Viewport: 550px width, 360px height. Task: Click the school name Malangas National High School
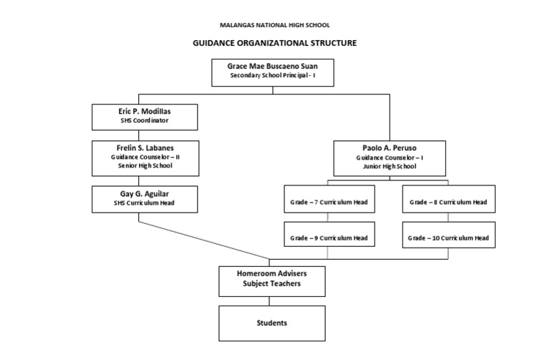point(274,25)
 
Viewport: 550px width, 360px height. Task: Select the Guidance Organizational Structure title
point(274,43)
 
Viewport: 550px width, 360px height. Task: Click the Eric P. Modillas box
point(145,116)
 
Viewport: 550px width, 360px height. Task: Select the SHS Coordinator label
point(145,121)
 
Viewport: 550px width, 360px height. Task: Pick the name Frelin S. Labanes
point(145,147)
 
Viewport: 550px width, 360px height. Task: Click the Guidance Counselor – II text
point(145,156)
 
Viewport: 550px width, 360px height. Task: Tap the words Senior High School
point(145,165)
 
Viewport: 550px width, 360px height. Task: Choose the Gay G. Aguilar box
point(145,198)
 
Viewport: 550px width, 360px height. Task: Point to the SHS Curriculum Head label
point(145,203)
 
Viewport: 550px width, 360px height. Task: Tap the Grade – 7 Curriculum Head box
point(328,203)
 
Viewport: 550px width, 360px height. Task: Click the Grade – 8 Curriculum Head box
point(448,203)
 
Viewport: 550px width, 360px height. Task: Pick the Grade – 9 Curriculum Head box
point(328,237)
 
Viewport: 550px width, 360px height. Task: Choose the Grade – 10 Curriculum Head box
point(448,237)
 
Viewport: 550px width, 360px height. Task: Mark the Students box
point(271,323)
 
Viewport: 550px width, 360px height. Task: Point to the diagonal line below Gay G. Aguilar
point(204,240)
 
